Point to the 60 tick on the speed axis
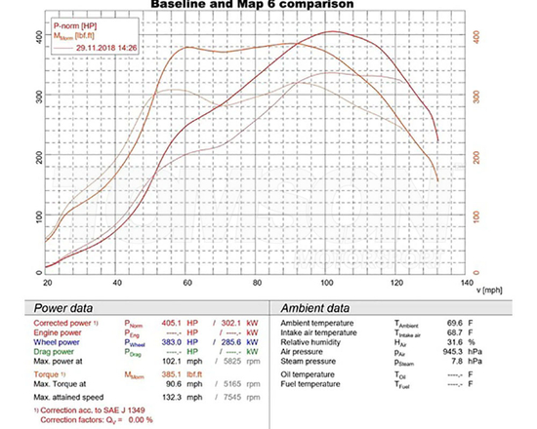[186, 282]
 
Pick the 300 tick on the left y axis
[38, 97]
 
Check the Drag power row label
[61, 354]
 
